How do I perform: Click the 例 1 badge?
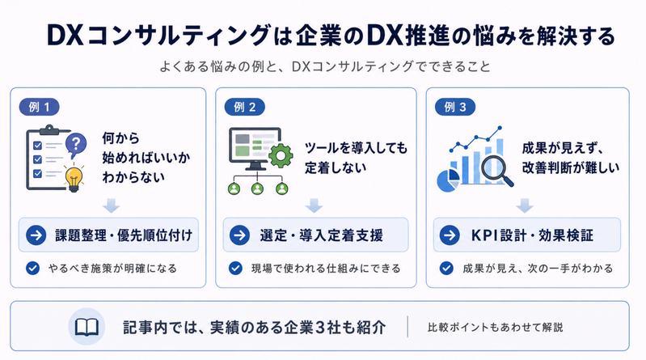39,108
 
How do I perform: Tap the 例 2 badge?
244,108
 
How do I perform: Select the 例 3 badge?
455,108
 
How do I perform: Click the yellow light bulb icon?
74,177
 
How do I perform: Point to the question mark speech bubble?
76,145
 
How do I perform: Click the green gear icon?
281,155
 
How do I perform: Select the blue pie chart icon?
448,180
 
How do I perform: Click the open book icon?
87,327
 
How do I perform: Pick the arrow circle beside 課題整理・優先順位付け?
36,235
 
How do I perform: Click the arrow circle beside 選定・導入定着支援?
240,235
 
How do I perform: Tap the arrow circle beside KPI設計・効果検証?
450,235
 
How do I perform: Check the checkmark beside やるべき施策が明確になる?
32,268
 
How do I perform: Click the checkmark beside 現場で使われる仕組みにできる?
235,268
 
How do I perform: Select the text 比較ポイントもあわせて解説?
495,328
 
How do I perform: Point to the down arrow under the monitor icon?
314,205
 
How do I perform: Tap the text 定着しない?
336,167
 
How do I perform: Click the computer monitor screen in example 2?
255,146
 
